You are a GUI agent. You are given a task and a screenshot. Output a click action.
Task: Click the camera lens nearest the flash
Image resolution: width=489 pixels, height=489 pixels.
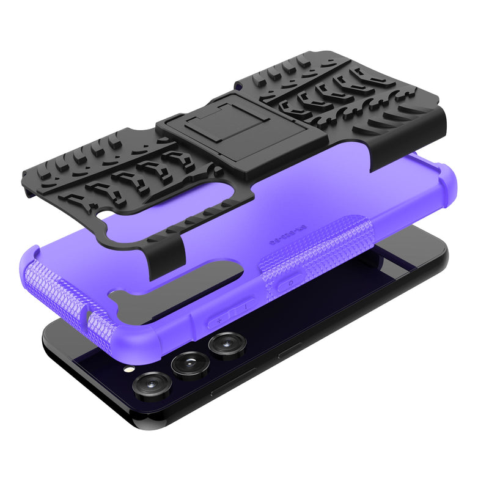[x=152, y=385]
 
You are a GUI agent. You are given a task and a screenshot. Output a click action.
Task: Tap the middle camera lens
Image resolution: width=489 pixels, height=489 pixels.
[x=189, y=364]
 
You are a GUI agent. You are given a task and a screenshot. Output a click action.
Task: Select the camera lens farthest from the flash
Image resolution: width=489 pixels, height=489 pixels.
[x=226, y=344]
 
